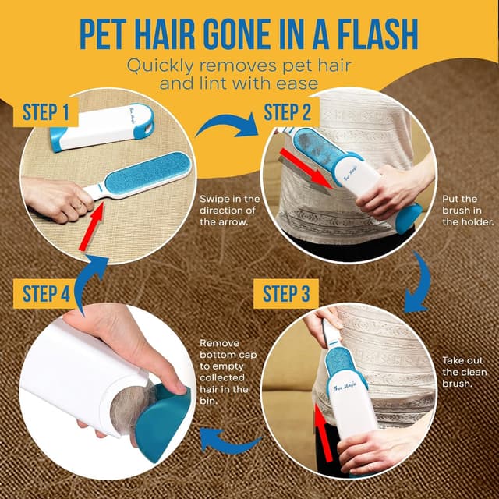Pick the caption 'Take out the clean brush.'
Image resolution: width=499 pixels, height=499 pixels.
pyautogui.click(x=464, y=373)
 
